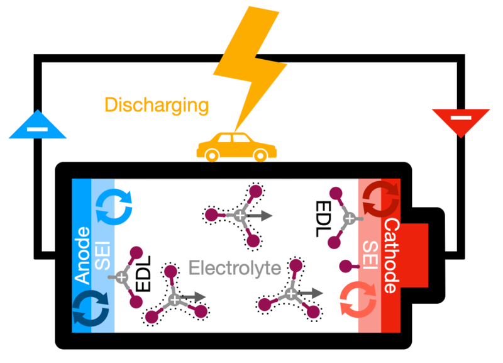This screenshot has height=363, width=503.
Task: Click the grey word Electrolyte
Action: (x=235, y=269)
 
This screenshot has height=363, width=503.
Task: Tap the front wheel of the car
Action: (x=260, y=153)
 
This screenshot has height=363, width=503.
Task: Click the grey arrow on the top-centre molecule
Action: (x=260, y=216)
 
